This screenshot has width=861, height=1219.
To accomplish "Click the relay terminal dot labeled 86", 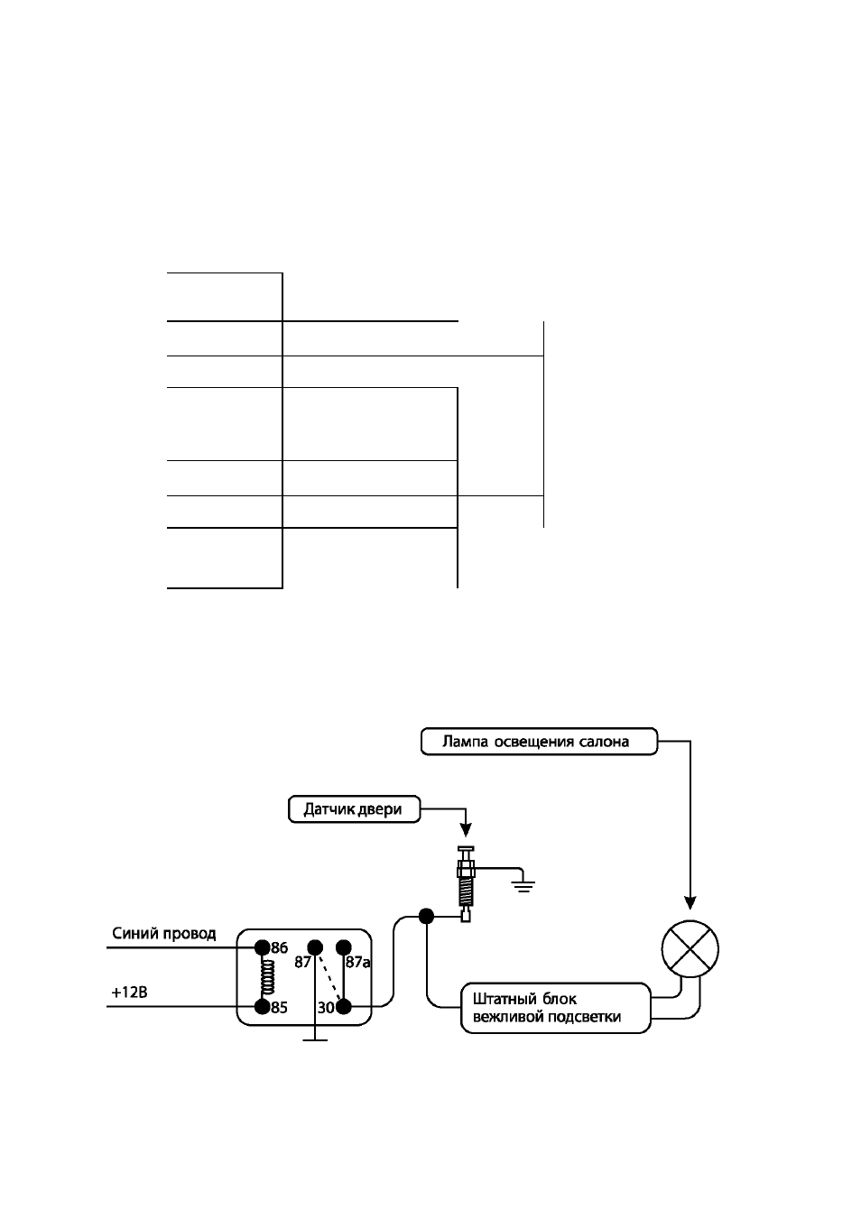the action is pos(263,947).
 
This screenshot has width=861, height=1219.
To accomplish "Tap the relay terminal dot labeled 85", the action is pos(263,1007).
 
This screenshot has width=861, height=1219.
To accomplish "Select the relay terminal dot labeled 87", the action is pos(315,947).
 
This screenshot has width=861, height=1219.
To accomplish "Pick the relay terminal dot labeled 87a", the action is pos(344,947).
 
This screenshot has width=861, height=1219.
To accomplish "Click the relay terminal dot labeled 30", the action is pos(344,1007).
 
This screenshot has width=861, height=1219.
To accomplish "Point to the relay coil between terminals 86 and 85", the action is pos(267,977).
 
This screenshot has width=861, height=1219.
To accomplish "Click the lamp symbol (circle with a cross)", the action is pos(690,949).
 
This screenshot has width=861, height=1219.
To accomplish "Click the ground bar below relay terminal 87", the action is pos(315,1040).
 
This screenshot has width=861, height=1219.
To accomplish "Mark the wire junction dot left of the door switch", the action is pos(426,917).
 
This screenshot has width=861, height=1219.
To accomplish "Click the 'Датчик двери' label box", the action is pos(355,809).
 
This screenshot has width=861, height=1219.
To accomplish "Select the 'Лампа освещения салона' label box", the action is pos(540,742).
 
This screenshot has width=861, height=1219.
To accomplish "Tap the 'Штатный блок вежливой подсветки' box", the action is pos(556,1007).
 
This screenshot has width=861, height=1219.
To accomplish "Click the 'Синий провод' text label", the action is pos(164,934).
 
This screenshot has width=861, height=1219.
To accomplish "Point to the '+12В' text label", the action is pos(129,993).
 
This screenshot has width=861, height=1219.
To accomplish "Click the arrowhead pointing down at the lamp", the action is pos(690,903).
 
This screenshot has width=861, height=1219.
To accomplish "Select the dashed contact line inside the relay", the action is pos(329,977).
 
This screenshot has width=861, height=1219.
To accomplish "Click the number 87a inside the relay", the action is pos(357,962).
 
